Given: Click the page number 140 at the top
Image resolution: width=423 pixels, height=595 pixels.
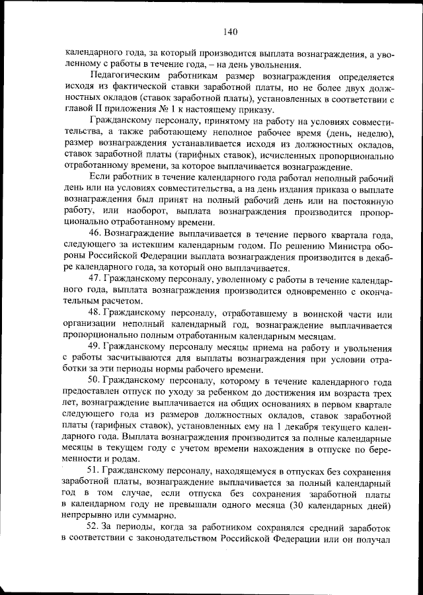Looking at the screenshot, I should click(x=231, y=30).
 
